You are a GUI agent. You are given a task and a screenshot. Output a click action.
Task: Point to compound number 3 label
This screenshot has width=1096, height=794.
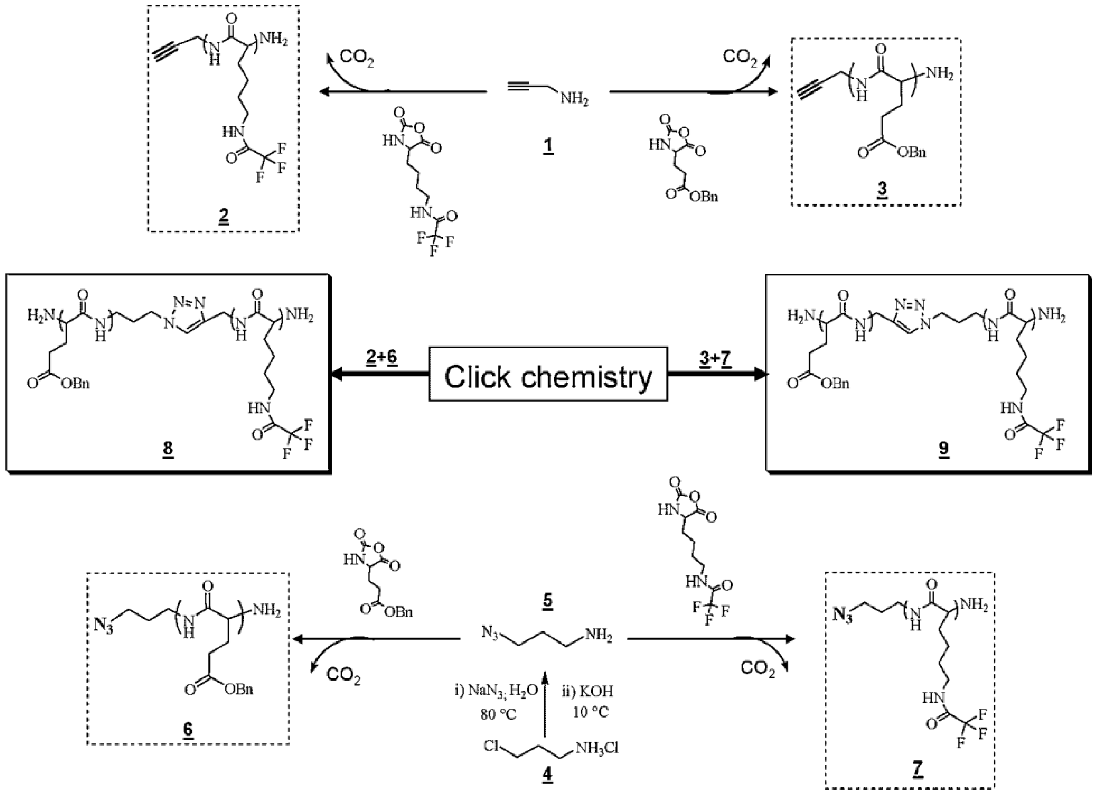882,188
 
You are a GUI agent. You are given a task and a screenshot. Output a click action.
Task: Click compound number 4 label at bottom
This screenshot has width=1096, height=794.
547,775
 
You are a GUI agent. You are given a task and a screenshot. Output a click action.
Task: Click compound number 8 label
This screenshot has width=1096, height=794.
168,448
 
